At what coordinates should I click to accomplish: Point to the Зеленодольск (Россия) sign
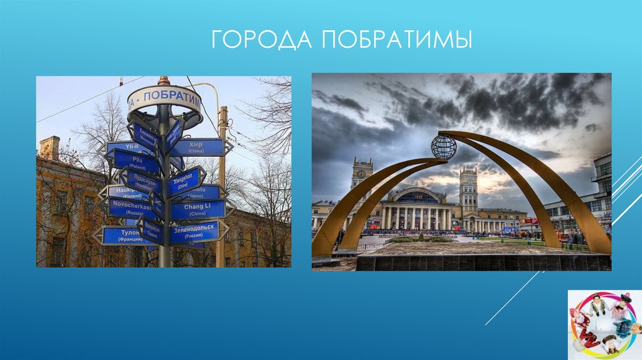tap(195, 232)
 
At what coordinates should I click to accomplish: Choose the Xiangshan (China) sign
tap(183, 181)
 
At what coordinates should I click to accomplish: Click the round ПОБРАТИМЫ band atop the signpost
tap(165, 101)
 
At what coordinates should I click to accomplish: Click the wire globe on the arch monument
tap(443, 147)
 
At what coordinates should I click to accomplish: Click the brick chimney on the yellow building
tap(49, 148)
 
